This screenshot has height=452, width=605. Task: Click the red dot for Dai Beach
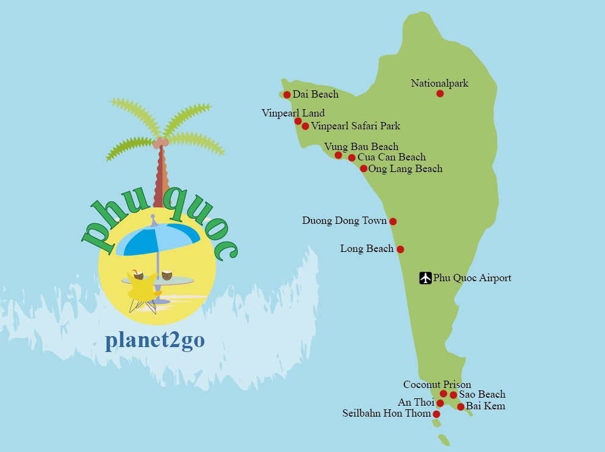click(x=287, y=95)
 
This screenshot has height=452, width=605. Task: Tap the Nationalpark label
click(x=439, y=84)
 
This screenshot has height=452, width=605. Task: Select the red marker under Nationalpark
click(x=440, y=93)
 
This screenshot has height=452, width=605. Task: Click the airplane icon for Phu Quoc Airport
click(x=426, y=278)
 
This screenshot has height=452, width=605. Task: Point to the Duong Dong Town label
click(x=344, y=221)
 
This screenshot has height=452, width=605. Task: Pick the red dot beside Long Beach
click(x=400, y=249)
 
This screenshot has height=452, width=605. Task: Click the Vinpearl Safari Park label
click(x=356, y=126)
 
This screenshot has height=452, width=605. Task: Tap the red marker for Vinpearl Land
click(x=298, y=121)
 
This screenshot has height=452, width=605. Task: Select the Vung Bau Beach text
click(x=361, y=147)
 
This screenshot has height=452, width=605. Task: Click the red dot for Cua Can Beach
click(x=351, y=158)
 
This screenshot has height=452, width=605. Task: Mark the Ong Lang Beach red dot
click(x=363, y=168)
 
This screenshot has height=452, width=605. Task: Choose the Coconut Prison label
click(x=437, y=385)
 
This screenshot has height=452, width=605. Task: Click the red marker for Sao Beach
click(x=453, y=395)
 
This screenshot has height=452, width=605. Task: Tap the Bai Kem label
click(x=485, y=406)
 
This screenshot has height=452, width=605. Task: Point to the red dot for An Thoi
click(x=440, y=403)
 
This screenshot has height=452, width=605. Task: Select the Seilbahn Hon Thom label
click(x=386, y=414)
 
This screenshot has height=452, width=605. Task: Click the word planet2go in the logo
click(x=155, y=340)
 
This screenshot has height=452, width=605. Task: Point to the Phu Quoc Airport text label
click(x=472, y=278)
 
